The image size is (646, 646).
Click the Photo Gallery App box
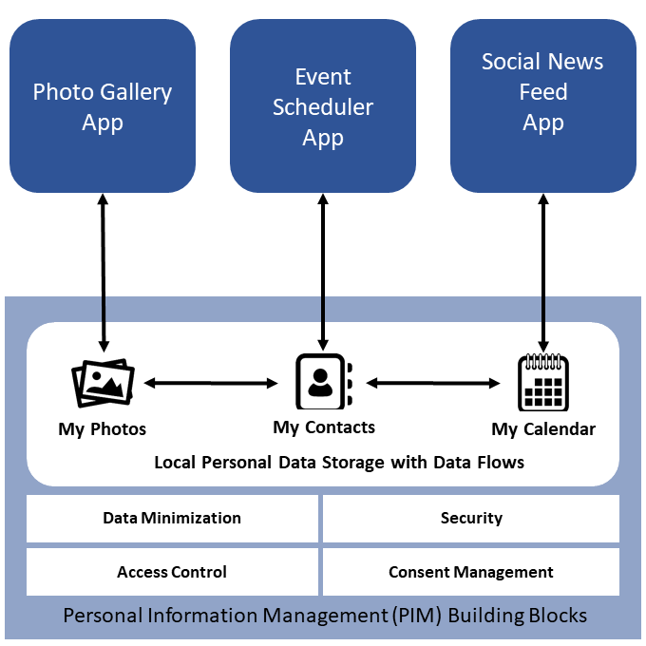click(x=103, y=106)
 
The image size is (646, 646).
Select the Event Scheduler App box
click(x=323, y=106)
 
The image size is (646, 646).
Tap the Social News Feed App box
click(x=542, y=106)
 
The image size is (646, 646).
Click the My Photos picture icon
click(x=103, y=385)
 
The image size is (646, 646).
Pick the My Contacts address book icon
click(x=324, y=382)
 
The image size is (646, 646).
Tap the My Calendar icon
click(x=542, y=383)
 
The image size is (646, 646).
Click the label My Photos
click(x=103, y=429)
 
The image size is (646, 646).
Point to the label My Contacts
click(x=324, y=427)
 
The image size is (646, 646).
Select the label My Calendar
click(x=543, y=429)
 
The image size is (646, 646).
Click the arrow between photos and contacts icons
click(x=211, y=383)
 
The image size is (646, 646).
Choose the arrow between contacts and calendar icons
click(x=433, y=383)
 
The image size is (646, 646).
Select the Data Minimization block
click(x=172, y=519)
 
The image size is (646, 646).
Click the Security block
click(x=471, y=519)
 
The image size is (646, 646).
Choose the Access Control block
click(x=172, y=572)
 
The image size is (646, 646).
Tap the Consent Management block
click(x=471, y=572)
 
